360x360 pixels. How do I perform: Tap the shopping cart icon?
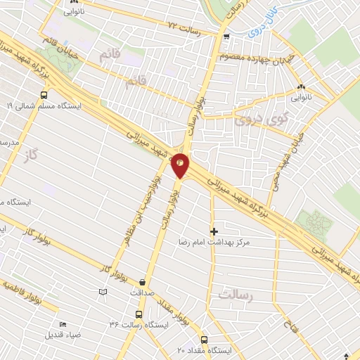pos(226,37)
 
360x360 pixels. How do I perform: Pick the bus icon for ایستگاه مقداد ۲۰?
pos(205,339)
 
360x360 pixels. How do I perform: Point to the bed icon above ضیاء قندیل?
pos(64,324)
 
